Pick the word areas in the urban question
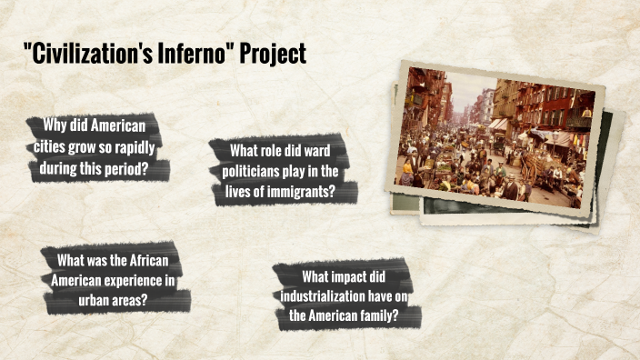coord(133,299)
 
